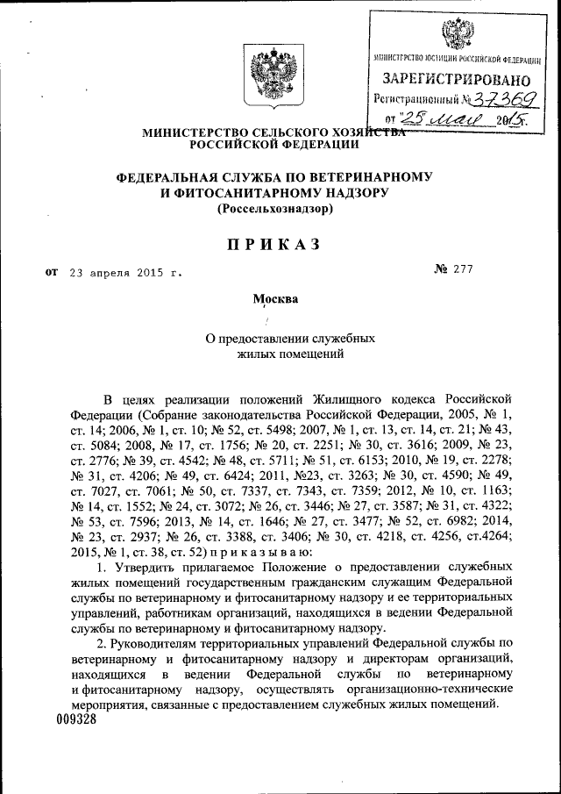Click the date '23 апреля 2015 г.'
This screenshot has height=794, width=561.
click(127, 273)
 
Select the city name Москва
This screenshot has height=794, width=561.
click(275, 299)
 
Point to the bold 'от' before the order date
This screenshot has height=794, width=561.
click(50, 272)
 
